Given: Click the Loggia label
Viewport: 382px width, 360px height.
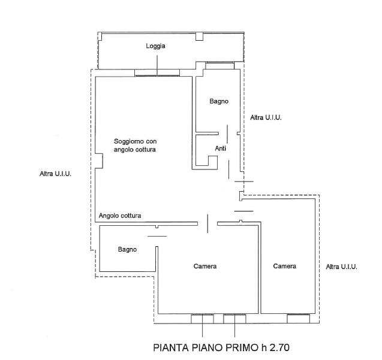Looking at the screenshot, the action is (x=155, y=46).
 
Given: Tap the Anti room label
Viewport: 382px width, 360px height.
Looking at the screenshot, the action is (x=221, y=148).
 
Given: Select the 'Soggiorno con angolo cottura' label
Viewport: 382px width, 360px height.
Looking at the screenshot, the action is (x=135, y=146).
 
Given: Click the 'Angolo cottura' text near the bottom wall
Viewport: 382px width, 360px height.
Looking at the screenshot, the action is (x=120, y=216).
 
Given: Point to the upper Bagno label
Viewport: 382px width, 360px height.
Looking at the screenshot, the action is (x=219, y=101).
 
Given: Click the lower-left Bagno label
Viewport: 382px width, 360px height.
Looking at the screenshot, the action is (x=127, y=249).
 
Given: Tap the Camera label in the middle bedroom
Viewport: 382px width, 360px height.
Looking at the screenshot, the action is (x=205, y=267).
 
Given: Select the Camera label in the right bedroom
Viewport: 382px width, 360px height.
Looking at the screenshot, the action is (x=284, y=266).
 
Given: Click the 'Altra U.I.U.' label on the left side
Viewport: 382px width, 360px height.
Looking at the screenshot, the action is (x=56, y=174).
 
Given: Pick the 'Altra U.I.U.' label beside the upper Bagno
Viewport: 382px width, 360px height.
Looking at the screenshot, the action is (x=266, y=118).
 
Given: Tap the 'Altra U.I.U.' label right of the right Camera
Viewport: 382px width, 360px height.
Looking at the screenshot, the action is (x=342, y=267).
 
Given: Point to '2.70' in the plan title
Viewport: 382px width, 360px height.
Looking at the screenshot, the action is (x=279, y=347).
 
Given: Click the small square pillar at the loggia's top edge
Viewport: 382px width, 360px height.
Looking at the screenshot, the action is (x=199, y=37).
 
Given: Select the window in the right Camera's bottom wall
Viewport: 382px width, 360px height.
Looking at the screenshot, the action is (x=299, y=319).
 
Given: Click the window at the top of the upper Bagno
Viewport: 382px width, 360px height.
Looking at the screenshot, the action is (x=219, y=66).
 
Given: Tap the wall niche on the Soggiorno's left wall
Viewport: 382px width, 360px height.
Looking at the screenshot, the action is (x=99, y=161).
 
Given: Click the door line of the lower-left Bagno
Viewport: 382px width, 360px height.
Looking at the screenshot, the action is (x=157, y=236).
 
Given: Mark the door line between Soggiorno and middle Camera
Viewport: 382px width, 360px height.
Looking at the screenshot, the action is (x=207, y=223).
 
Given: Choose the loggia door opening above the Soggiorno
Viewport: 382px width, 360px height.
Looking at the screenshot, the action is (x=157, y=73).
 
